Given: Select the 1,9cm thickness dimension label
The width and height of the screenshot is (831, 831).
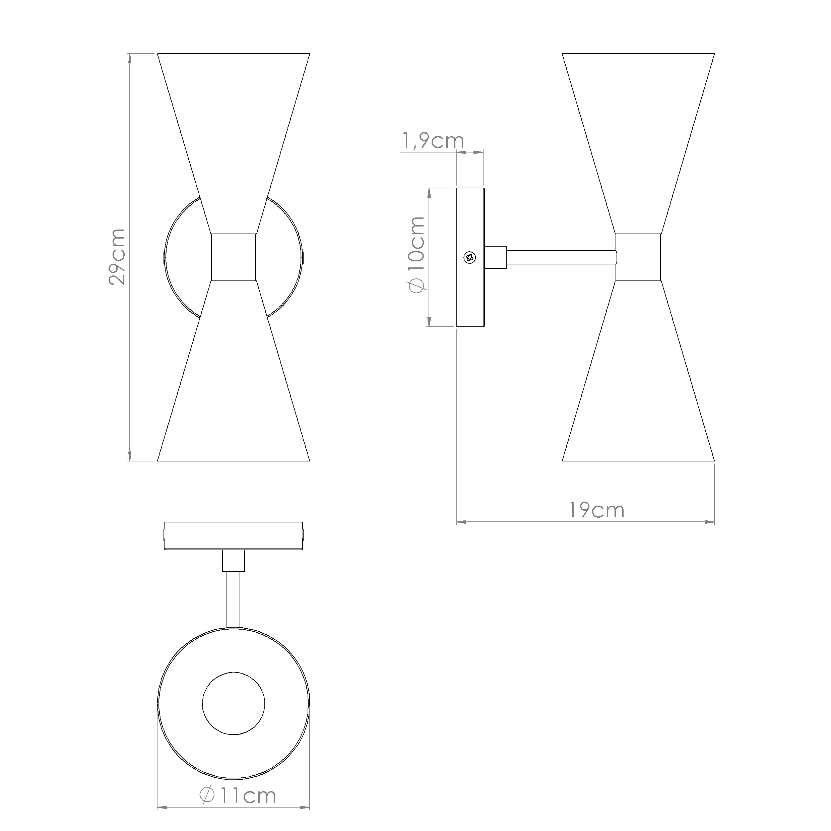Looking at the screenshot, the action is click(433, 141).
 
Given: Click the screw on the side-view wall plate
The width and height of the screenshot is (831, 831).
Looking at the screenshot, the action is click(470, 257).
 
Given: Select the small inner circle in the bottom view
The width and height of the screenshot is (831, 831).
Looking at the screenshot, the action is click(234, 704).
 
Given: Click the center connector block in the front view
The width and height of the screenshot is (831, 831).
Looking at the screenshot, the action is click(234, 257).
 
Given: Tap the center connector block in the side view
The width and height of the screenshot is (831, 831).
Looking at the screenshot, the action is click(638, 257).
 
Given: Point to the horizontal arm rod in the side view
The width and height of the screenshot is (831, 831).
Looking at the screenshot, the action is click(561, 257).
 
